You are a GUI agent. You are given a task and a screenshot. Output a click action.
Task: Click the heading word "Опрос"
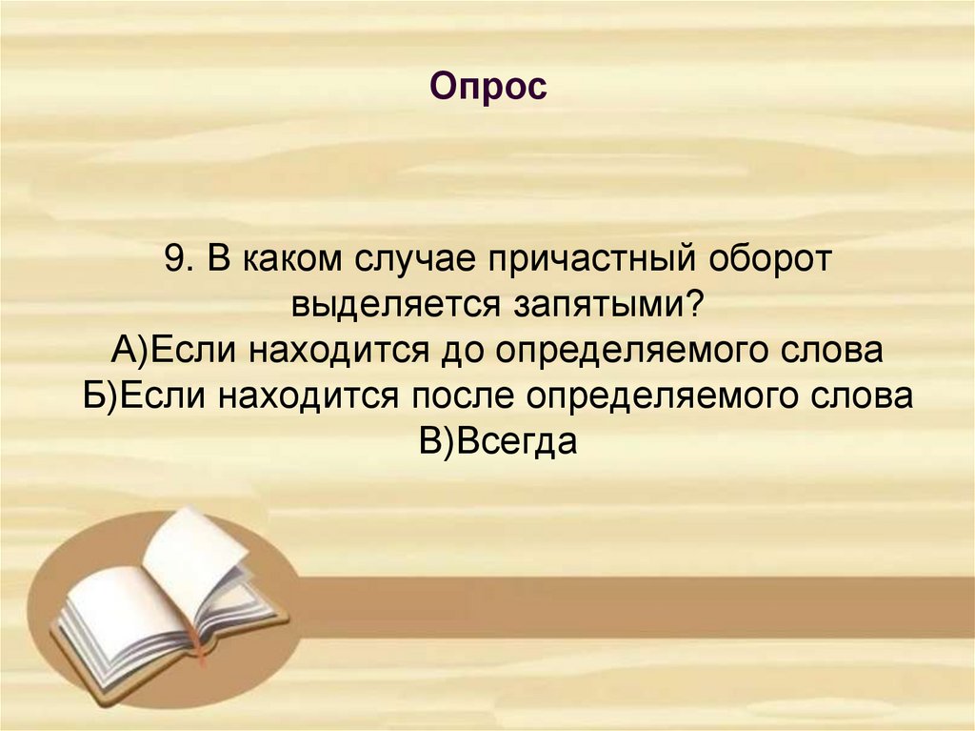point(487,88)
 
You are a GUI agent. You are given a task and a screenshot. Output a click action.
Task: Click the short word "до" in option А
point(456,352)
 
